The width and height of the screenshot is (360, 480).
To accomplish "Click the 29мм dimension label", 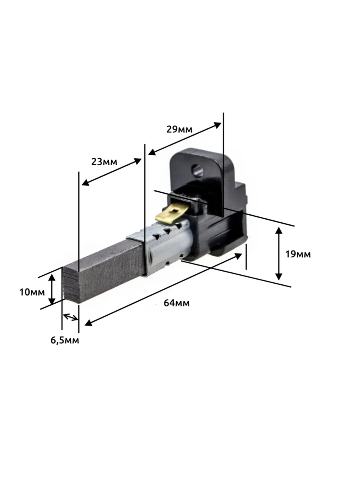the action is pos(180,130).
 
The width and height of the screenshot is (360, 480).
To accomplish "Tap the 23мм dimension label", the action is pos(104,162).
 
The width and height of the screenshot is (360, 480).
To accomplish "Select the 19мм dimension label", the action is pos(298,254).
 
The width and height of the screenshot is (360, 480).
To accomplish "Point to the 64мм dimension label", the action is pos(177,303).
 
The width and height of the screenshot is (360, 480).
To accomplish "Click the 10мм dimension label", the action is pos(32,292).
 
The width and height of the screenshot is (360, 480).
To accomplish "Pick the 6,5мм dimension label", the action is pos(65,340).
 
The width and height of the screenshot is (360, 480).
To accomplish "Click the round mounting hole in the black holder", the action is pos(197,170).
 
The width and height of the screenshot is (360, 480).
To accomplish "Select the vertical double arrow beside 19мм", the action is pos(278,254).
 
